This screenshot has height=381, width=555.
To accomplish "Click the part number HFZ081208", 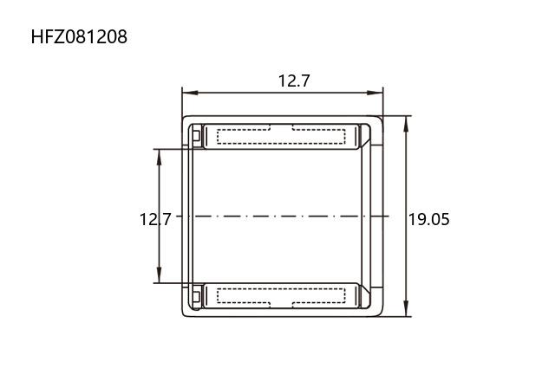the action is [x=79, y=36].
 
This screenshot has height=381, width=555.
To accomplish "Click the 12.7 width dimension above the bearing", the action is [x=294, y=81].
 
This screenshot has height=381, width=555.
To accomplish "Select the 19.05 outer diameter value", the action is [x=429, y=219].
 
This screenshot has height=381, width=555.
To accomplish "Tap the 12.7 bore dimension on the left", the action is [x=155, y=219].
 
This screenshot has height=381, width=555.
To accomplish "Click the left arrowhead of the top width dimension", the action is [x=190, y=93].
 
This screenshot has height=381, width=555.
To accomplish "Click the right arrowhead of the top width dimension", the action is [x=375, y=93].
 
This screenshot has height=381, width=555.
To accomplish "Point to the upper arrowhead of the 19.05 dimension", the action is [x=406, y=123].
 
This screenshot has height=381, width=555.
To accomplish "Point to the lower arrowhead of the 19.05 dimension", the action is [x=406, y=308].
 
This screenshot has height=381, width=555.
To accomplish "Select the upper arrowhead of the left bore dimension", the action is [x=159, y=157].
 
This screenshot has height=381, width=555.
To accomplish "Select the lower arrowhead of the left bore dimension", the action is [x=159, y=275].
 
